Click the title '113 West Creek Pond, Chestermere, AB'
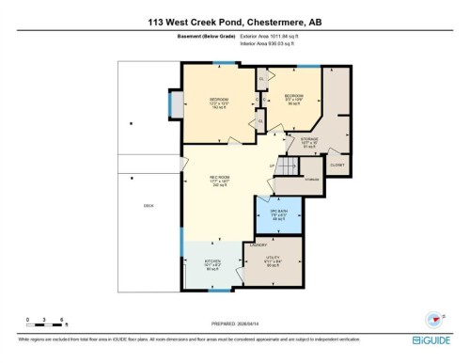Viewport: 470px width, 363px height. coord(235,21)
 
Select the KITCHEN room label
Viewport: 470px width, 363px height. coord(212,266)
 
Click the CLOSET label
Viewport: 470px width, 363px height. coord(337,166)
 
